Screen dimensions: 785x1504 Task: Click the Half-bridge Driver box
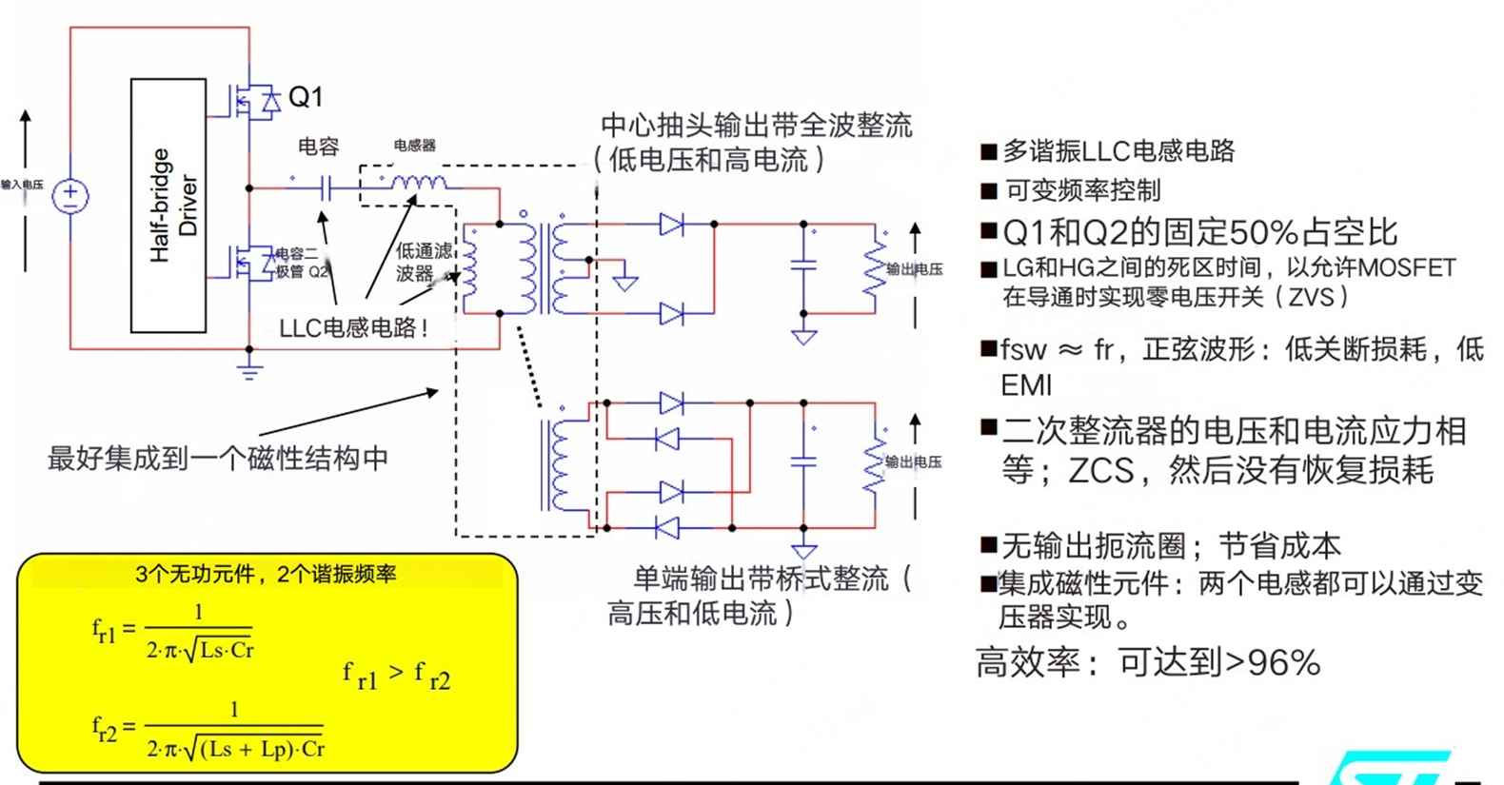[168, 206]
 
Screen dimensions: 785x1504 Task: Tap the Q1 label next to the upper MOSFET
[306, 97]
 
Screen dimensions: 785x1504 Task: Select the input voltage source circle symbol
[70, 197]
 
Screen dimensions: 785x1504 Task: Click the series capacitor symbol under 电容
[326, 188]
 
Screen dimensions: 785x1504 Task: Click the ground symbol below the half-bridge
[249, 369]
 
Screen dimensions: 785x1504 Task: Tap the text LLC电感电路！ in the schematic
[354, 328]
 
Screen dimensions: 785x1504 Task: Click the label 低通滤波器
[424, 262]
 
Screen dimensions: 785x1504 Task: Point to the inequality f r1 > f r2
[396, 676]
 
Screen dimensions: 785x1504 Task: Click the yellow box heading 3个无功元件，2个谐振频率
[266, 575]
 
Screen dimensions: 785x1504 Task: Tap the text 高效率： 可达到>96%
[1147, 662]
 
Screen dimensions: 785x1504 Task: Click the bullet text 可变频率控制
[1082, 191]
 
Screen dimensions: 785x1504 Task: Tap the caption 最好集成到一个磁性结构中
[218, 459]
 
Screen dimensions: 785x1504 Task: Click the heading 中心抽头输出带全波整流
[756, 126]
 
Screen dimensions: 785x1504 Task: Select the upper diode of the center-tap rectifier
[671, 225]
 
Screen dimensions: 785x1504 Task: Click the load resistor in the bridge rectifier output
[874, 463]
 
